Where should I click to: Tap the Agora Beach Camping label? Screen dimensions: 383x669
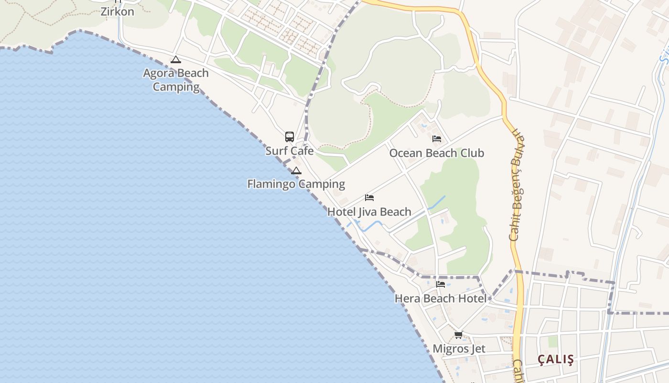pos(176,80)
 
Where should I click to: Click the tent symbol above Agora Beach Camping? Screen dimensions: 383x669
pos(176,60)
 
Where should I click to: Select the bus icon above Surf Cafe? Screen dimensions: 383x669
pos(290,137)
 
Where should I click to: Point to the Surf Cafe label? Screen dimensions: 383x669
pos(290,151)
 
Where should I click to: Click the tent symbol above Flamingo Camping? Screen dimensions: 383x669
pos(296,170)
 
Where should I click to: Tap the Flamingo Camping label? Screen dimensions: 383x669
pos(296,184)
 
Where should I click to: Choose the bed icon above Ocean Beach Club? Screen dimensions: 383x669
pos(436,139)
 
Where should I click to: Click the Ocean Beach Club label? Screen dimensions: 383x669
pos(436,153)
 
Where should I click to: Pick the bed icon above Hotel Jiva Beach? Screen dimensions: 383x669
pos(369,197)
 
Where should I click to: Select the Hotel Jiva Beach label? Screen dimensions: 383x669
pos(369,212)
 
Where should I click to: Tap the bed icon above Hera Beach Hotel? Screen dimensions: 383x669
pos(440,284)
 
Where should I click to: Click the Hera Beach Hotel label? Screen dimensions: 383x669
pos(440,299)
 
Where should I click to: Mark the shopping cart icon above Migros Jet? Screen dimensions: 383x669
pos(459,335)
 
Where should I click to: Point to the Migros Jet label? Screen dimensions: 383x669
pos(459,349)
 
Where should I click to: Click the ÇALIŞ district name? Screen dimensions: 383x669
pos(556,359)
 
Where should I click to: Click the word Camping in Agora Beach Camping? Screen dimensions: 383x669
pos(176,87)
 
